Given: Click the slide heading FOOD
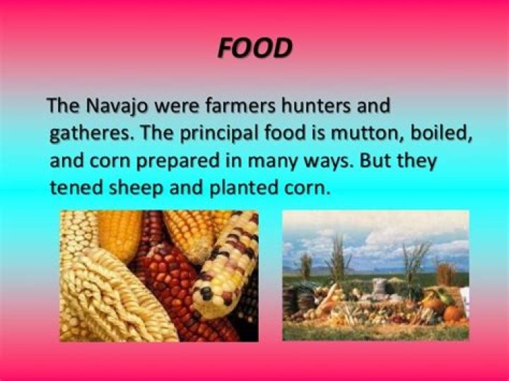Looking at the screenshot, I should [x=254, y=48].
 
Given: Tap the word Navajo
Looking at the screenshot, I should [x=117, y=106].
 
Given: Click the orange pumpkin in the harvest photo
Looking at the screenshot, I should [x=452, y=312].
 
